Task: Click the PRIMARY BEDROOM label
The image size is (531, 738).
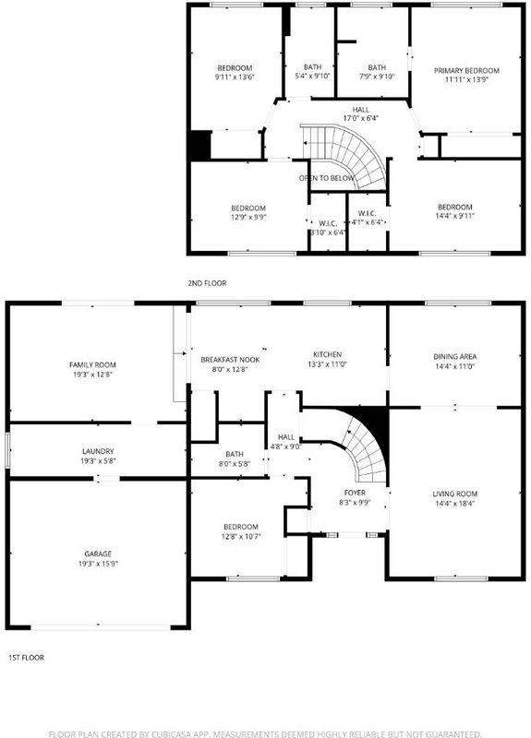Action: point(466,71)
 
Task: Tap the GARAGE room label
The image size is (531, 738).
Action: point(98,554)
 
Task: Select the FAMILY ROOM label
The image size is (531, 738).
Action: point(92,364)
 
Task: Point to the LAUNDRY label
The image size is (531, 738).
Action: point(98,451)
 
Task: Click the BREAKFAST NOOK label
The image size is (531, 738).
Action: point(230,360)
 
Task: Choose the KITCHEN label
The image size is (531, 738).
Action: point(328,354)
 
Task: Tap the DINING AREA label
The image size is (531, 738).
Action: point(454,357)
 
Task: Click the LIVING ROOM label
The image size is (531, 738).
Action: point(454,494)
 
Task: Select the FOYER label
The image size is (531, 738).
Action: point(355,493)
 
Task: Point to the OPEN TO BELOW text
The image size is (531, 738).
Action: point(327,178)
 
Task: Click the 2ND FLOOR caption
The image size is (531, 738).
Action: point(207,283)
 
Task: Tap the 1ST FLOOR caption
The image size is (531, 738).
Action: point(27,658)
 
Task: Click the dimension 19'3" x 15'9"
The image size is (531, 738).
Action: point(98,564)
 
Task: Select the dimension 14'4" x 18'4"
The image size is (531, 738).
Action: point(454,503)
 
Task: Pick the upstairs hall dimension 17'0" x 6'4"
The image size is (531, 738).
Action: point(360,118)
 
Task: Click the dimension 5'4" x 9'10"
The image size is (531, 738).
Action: point(312,77)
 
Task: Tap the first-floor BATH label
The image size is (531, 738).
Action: point(235,454)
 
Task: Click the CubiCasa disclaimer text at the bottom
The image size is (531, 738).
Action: point(265,733)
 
